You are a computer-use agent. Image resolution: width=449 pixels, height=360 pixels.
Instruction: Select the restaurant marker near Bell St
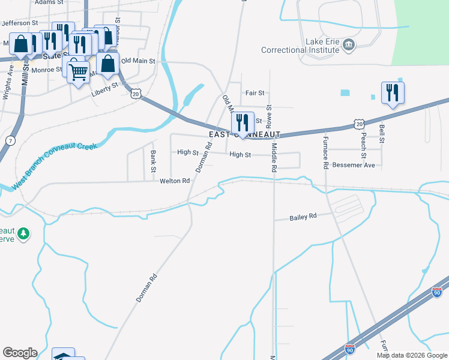pyautogui.click(x=393, y=92)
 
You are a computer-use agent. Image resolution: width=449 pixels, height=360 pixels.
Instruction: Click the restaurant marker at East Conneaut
pyautogui.click(x=243, y=122)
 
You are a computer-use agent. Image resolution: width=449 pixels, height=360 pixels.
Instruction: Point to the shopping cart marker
pyautogui.click(x=79, y=73)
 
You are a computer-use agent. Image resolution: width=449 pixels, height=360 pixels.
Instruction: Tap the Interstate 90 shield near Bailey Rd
pyautogui.click(x=437, y=292)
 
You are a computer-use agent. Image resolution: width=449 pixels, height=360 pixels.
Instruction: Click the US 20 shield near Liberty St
pyautogui.click(x=136, y=94)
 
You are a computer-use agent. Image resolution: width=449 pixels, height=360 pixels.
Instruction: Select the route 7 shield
pyautogui.click(x=10, y=140)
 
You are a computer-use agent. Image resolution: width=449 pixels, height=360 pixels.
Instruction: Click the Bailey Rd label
pyautogui.click(x=303, y=217)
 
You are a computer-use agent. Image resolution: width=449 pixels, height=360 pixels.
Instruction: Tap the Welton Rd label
pyautogui.click(x=175, y=181)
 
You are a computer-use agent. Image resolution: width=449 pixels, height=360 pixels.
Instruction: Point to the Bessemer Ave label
pyautogui.click(x=354, y=164)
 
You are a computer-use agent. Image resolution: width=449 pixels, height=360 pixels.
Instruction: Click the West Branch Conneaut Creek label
pyautogui.click(x=54, y=163)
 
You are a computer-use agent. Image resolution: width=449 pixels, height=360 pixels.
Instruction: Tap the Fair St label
pyautogui.click(x=255, y=93)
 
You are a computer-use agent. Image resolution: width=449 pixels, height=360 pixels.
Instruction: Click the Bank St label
pyautogui.click(x=153, y=161)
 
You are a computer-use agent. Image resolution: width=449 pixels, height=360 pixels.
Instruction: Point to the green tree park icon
pyautogui.click(x=23, y=233)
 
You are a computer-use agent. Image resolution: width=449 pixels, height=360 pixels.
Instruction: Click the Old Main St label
pyautogui.click(x=138, y=61)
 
